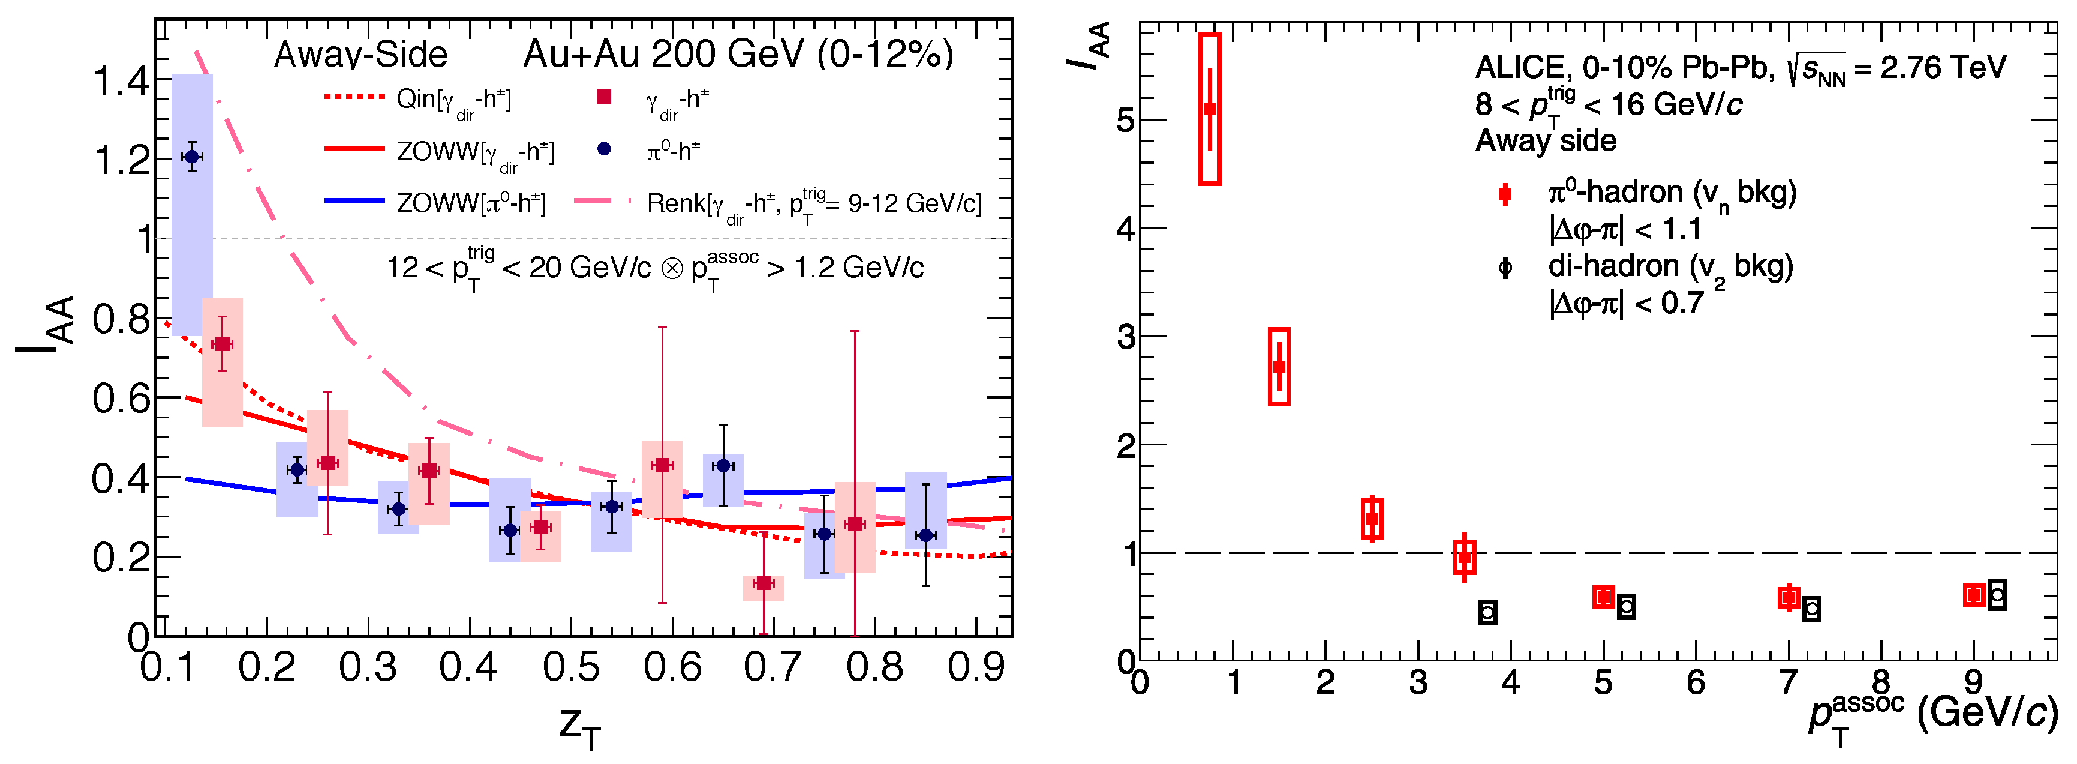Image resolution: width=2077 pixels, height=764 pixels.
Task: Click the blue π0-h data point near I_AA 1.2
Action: pos(192,157)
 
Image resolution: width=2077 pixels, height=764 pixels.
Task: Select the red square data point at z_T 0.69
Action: pos(764,583)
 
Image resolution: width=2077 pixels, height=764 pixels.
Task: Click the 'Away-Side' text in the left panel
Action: pos(360,55)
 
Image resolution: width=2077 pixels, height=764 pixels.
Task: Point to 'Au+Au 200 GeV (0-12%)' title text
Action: pos(738,55)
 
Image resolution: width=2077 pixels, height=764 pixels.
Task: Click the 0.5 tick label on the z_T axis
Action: pos(571,668)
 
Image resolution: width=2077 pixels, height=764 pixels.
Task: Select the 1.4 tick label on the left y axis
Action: pos(121,82)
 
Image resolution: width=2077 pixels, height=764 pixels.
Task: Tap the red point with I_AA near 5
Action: pos(1209,109)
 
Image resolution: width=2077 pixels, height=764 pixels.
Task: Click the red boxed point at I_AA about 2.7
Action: pos(1279,366)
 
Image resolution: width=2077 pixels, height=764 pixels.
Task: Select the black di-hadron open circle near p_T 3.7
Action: pos(1487,612)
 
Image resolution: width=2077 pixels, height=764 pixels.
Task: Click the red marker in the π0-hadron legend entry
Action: pos(1505,194)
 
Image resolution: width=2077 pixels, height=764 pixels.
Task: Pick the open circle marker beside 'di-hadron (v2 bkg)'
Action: pos(1505,268)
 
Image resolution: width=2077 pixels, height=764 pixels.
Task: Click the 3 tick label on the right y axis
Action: pos(1126,337)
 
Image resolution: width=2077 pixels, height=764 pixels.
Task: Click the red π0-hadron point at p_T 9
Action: pos(1974,595)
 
